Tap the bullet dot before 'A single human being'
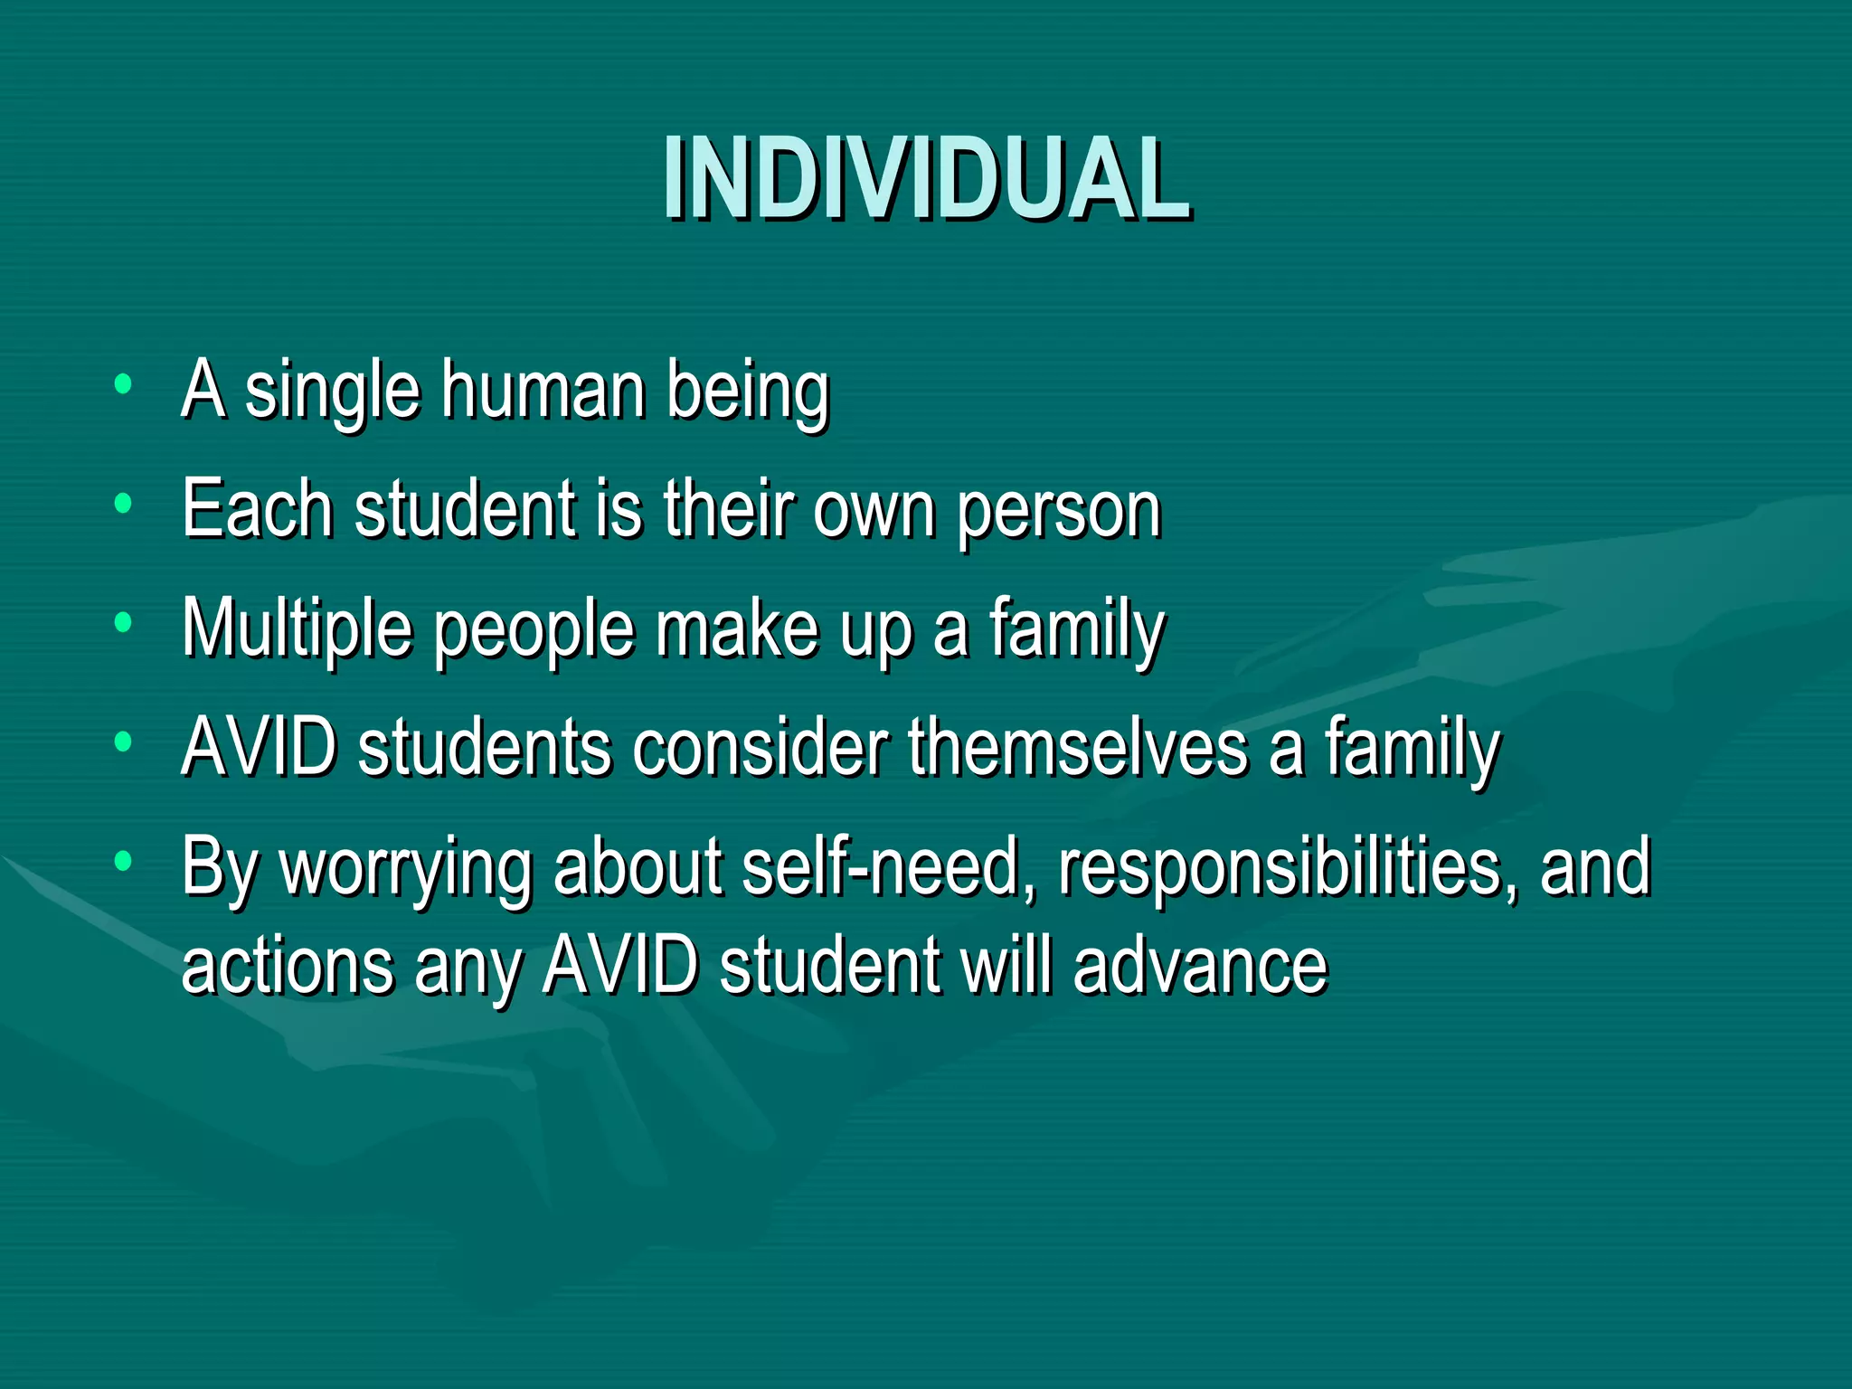[124, 384]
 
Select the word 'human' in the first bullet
[543, 391]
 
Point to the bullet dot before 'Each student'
[124, 503]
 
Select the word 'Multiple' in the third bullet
[297, 629]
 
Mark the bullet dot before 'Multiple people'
[124, 622]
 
